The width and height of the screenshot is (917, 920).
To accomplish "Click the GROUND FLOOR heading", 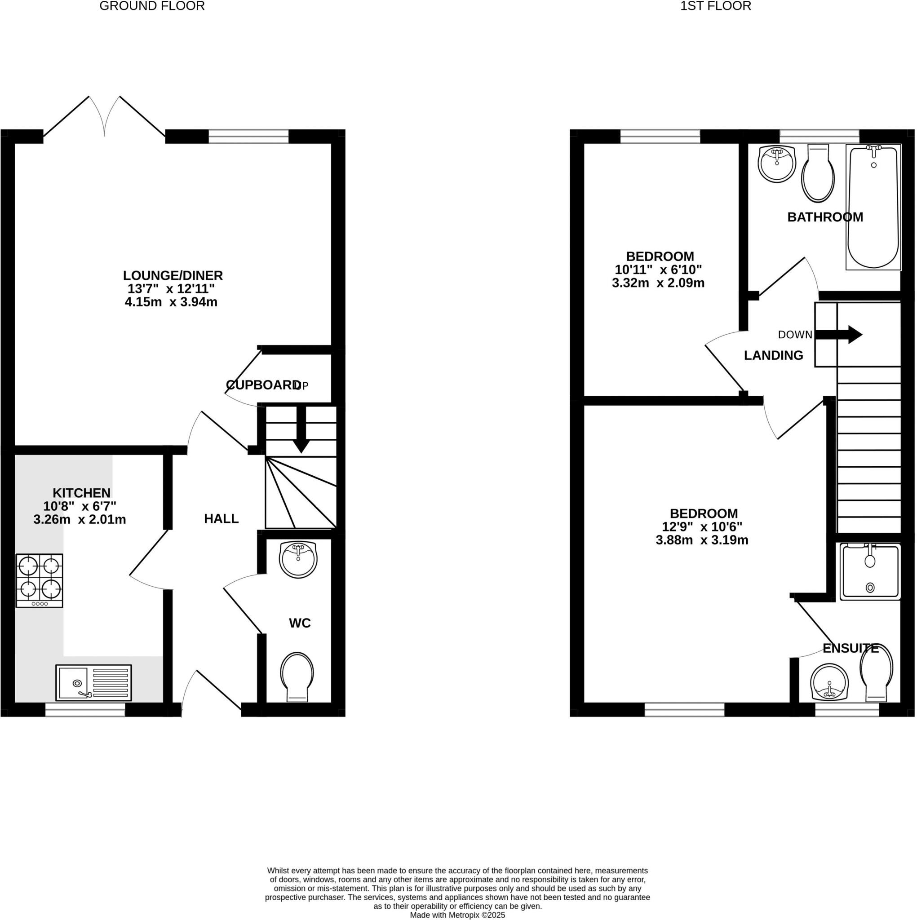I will coord(152,6).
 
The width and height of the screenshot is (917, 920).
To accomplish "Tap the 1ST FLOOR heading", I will coord(716,6).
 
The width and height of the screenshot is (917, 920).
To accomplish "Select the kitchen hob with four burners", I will coord(40,580).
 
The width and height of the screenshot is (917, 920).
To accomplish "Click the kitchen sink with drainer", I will coord(94,683).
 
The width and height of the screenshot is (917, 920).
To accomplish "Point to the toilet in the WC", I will coord(297,677).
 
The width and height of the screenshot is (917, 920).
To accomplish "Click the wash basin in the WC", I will coord(298,560).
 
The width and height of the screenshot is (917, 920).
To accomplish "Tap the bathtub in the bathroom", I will coord(873,207).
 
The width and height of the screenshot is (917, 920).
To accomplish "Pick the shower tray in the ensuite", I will coord(870,571).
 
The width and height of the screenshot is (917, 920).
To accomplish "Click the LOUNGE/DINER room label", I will coord(173,275).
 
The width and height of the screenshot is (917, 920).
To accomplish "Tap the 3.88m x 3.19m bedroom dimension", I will coord(702,540).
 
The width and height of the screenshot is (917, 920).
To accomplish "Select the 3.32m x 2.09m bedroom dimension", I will coord(658,283).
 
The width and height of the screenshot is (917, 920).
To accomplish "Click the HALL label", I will coord(221,518).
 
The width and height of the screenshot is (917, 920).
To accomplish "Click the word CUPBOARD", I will coord(263,385).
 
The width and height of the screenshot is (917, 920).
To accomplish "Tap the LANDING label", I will coord(773,355).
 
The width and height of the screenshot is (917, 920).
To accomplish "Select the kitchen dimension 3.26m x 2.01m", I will coord(80,520).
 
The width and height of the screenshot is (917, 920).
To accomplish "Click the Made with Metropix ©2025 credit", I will coord(457,915).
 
